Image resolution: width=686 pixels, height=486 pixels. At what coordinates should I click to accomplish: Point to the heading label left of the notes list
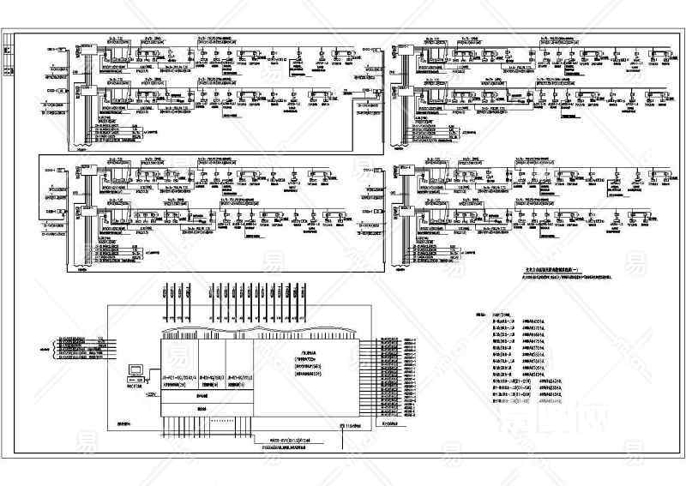point(481,314)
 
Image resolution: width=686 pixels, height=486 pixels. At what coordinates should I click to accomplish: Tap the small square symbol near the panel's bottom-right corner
point(342,426)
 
